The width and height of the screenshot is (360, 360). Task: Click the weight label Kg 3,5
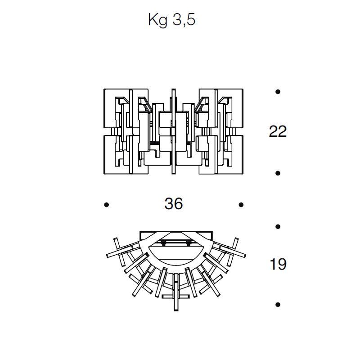[172, 20]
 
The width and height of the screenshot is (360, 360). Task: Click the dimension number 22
[278, 131]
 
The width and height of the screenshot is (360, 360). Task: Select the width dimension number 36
[174, 203]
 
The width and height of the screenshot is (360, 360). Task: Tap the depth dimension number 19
[278, 264]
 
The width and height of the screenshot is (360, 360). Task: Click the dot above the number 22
[278, 92]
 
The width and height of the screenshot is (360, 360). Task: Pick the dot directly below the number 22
[278, 173]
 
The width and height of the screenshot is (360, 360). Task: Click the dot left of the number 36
[107, 205]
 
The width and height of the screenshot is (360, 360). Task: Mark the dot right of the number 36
[241, 205]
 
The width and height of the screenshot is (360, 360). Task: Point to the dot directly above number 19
[278, 227]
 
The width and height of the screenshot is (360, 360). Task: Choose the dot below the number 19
[278, 305]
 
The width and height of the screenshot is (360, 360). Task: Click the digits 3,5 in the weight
[184, 20]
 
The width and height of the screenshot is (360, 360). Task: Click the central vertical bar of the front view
[174, 131]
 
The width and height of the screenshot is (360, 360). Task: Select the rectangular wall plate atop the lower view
[176, 236]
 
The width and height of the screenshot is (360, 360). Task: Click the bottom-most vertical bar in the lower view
[176, 292]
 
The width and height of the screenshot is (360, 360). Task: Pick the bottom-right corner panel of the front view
[221, 154]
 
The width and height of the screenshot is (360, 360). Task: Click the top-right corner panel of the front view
[221, 108]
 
